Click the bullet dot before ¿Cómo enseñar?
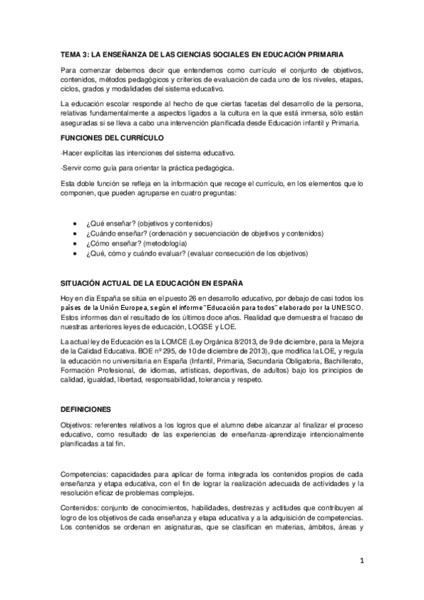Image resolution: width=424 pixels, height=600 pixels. pos(76,243)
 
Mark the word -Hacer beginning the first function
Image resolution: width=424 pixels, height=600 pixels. pos(72,153)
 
